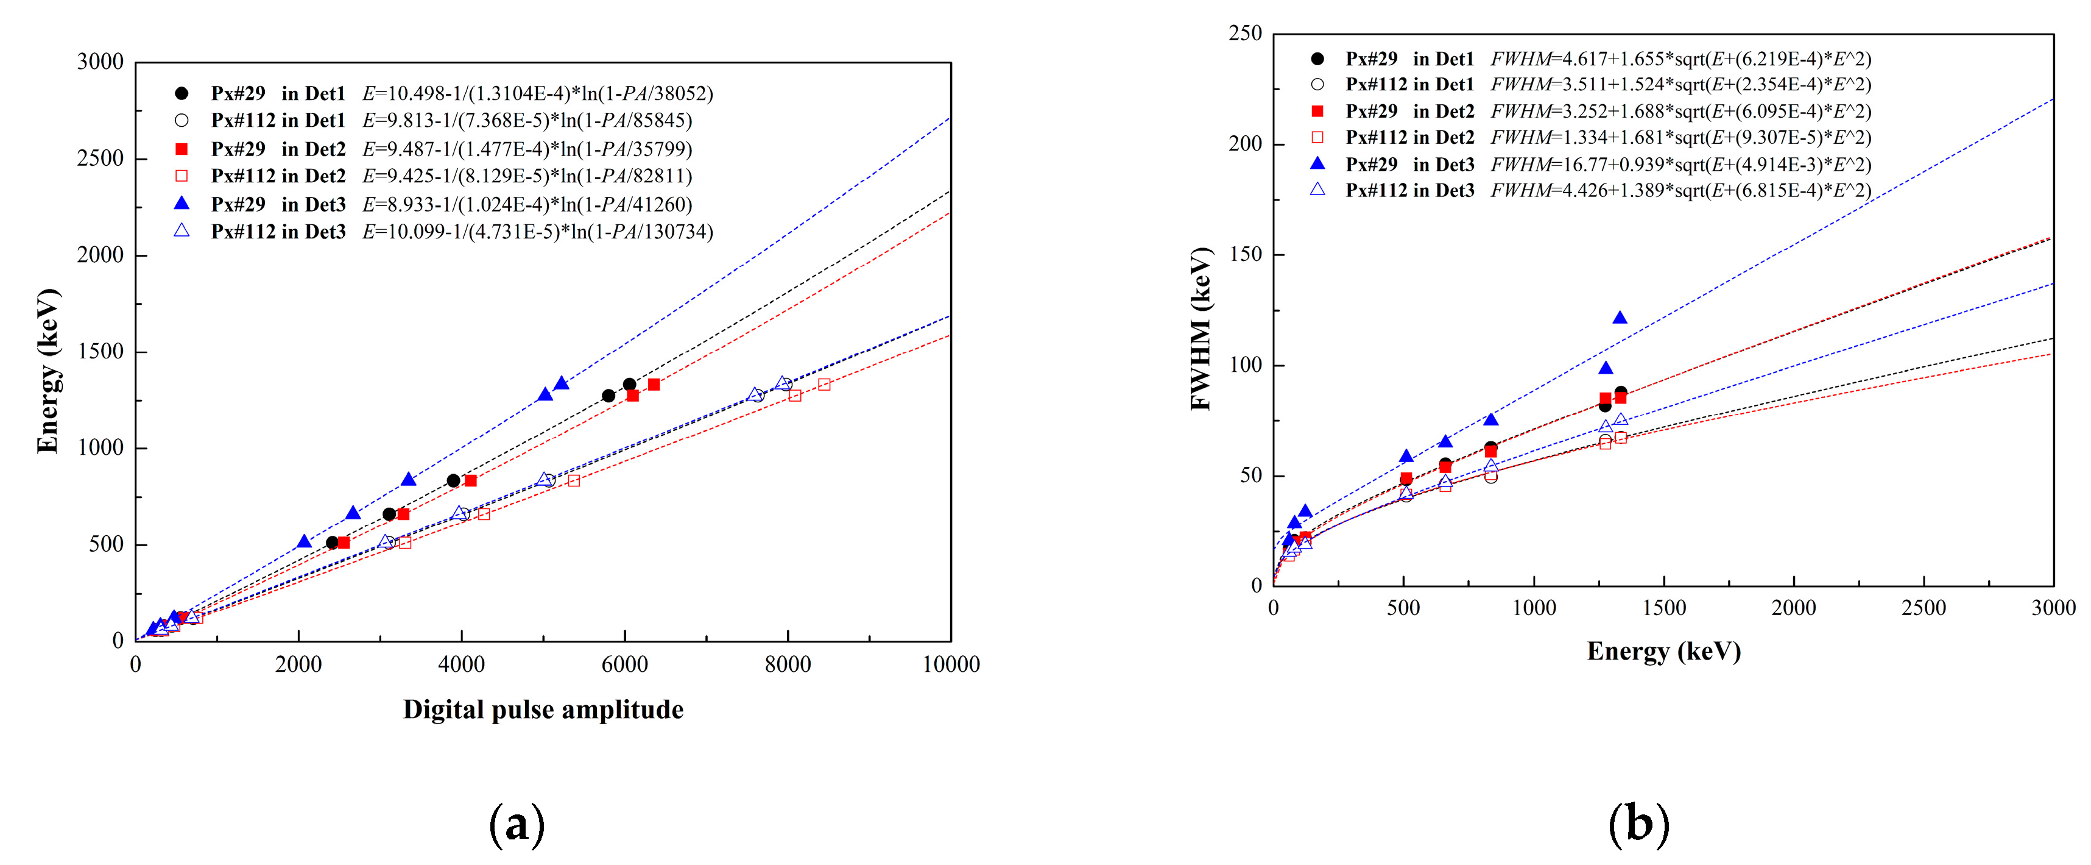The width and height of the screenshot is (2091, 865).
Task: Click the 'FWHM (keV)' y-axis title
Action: [x=1201, y=329]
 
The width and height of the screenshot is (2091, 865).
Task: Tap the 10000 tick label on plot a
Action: [x=951, y=664]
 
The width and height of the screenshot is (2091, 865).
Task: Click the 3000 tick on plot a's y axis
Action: [x=100, y=62]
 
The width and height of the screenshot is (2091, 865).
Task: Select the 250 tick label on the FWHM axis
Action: [x=1245, y=34]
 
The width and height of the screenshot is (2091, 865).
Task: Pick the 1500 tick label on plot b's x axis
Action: [x=1663, y=608]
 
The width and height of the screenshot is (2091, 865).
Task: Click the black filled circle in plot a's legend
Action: [x=182, y=93]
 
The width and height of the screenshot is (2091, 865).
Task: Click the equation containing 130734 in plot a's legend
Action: [x=537, y=232]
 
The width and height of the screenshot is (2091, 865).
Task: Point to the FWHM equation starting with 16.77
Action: [x=1680, y=164]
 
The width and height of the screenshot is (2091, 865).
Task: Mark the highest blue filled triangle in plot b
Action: [x=1620, y=318]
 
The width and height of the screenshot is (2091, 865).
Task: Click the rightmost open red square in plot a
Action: [x=824, y=384]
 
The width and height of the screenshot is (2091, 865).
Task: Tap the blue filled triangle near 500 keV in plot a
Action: [x=305, y=542]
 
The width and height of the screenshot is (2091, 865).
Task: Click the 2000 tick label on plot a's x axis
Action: [x=298, y=664]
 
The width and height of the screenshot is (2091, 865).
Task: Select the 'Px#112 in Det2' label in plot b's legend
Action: [x=1409, y=137]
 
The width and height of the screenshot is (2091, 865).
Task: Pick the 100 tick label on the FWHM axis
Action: [x=1245, y=365]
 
